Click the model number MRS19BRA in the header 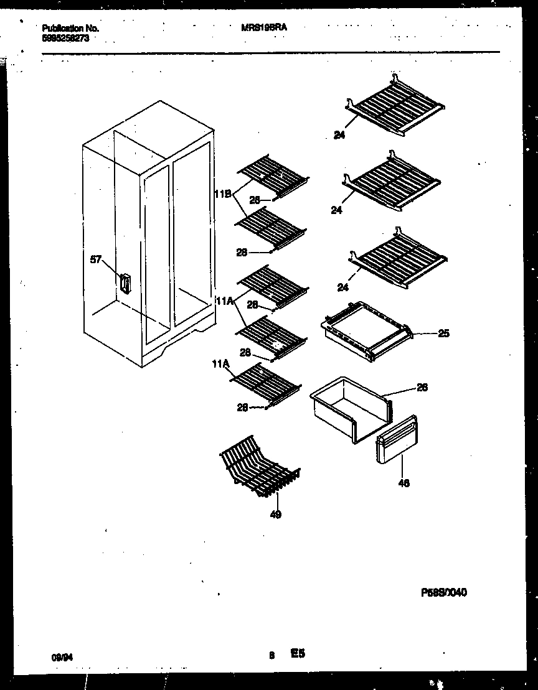pyautogui.click(x=264, y=28)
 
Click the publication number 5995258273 pyautogui.click(x=65, y=37)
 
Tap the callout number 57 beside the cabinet pyautogui.click(x=95, y=260)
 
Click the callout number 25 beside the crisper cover pyautogui.click(x=443, y=333)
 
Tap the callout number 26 pyautogui.click(x=422, y=388)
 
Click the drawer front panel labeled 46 pyautogui.click(x=397, y=441)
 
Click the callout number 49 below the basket pyautogui.click(x=275, y=514)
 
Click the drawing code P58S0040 pyautogui.click(x=444, y=593)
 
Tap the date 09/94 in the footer pyautogui.click(x=59, y=656)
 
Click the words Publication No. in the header pyautogui.click(x=70, y=29)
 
